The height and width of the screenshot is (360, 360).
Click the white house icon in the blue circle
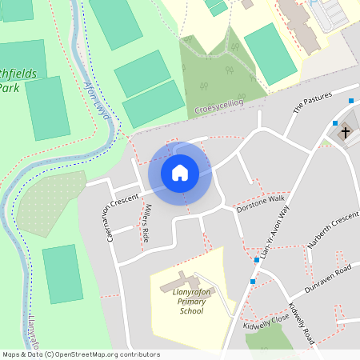[180, 172]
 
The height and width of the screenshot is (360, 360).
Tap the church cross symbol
[346, 132]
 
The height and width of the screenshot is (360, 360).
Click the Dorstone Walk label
[261, 203]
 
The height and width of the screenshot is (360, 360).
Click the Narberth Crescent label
[334, 230]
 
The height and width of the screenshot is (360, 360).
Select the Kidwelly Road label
[302, 324]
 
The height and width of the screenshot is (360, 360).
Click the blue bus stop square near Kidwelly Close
[253, 282]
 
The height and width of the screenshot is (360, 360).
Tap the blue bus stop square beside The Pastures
[351, 101]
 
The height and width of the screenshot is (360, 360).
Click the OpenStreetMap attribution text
[80, 354]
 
